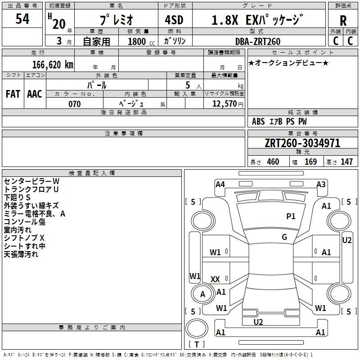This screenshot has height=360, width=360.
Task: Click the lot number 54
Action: click(22, 19)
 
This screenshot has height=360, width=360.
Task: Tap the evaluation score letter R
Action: click(343, 21)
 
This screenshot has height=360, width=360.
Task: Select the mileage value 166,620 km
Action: click(53, 64)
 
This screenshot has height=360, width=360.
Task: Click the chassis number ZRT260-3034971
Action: click(302, 143)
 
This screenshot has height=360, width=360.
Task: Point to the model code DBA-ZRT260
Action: click(258, 41)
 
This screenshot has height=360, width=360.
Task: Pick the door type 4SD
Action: click(174, 20)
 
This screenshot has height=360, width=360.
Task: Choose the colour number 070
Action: click(75, 104)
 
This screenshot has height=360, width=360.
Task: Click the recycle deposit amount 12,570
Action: click(224, 104)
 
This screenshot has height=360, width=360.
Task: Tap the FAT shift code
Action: click(13, 94)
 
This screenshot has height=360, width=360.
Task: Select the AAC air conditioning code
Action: click(35, 94)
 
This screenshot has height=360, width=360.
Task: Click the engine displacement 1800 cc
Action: click(141, 41)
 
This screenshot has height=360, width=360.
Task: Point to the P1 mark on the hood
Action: click(291, 216)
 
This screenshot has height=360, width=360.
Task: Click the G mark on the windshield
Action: click(284, 237)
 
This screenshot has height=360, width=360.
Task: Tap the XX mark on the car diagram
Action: click(215, 279)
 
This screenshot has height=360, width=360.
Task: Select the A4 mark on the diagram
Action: click(220, 184)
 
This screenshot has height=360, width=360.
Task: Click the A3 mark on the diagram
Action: click(321, 184)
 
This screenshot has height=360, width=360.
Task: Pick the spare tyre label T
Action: click(197, 344)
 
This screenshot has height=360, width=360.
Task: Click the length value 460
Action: click(273, 162)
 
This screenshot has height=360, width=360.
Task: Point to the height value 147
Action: click(346, 162)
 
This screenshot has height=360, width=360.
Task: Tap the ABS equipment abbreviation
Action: click(258, 121)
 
